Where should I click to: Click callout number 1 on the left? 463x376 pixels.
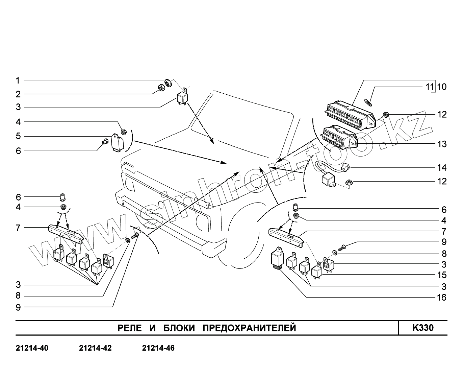[x=18, y=80]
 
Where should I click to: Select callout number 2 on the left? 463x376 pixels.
[x=18, y=94]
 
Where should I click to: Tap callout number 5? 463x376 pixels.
[x=18, y=136]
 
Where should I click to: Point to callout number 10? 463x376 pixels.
[x=442, y=87]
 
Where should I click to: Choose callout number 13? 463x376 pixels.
[x=442, y=144]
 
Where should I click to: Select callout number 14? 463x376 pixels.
[x=442, y=168]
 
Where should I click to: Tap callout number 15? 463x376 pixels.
[x=442, y=275]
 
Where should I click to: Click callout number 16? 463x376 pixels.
[x=442, y=298]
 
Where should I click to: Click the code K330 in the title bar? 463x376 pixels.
[x=423, y=328]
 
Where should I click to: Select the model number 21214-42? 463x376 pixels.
[x=95, y=348]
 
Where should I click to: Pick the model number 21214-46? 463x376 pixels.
[x=158, y=348]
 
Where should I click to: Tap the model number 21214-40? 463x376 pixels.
[x=32, y=348]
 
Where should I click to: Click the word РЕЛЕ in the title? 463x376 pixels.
[x=130, y=328]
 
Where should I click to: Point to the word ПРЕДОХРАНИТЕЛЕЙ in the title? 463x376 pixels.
[x=250, y=328]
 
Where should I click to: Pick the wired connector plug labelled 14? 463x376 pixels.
[x=345, y=167]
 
